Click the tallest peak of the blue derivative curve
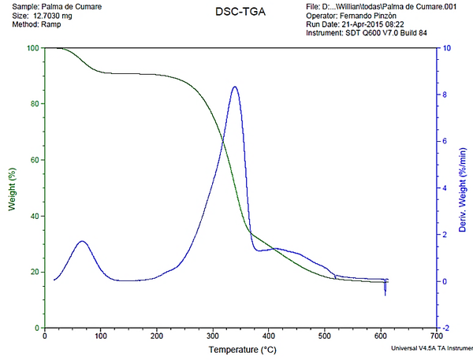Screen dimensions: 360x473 point(235,87)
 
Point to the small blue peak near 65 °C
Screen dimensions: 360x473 point(82,241)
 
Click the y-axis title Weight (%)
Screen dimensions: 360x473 point(12,187)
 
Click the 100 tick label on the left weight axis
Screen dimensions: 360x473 point(32,48)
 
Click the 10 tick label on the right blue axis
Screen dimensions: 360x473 point(446,48)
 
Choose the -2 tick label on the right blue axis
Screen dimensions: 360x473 point(446,328)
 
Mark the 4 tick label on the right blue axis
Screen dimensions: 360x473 point(445,188)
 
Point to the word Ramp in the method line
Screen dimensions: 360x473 point(51,24)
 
